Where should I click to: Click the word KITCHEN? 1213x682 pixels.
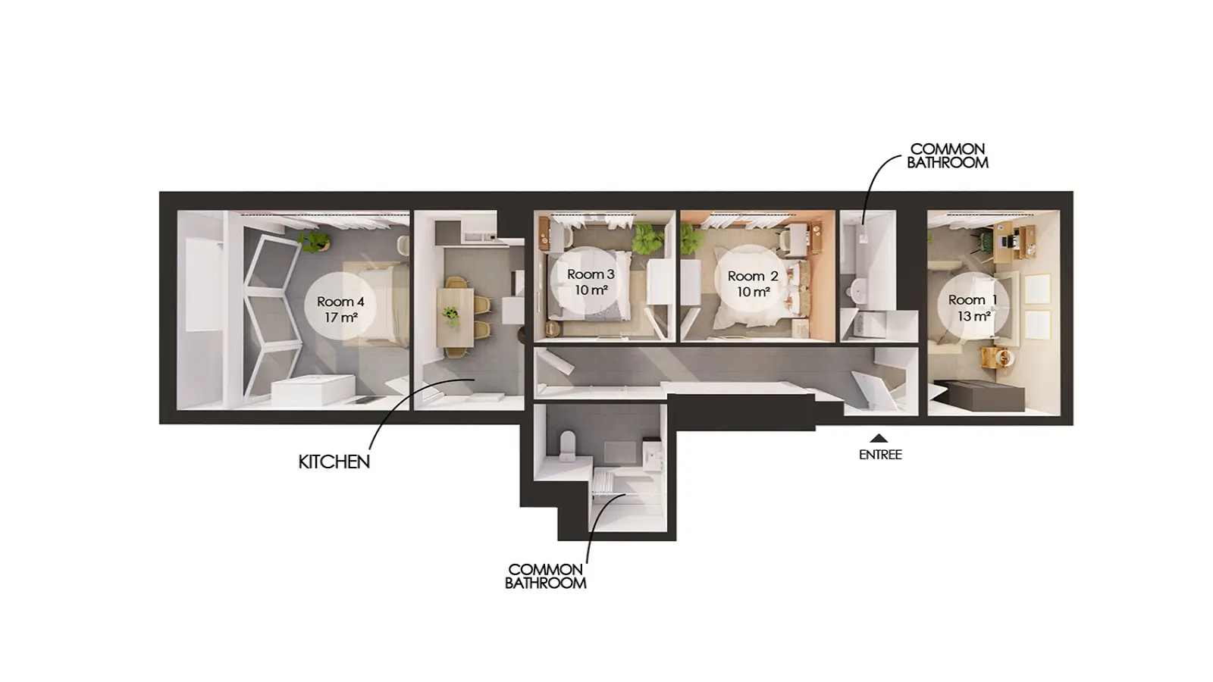click(334, 461)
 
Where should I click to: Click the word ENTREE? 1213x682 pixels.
click(880, 455)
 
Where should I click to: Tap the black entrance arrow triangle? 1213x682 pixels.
click(879, 438)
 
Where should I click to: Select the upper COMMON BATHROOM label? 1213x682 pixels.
click(948, 156)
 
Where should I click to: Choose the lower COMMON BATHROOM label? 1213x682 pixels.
click(545, 577)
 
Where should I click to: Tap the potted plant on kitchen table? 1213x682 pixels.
click(450, 316)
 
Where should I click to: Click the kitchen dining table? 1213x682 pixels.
click(456, 318)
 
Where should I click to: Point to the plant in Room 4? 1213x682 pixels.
click(314, 240)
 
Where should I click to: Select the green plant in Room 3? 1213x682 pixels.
click(647, 238)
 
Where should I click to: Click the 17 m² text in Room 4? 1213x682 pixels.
click(340, 317)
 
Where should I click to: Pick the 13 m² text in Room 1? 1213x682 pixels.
click(973, 315)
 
